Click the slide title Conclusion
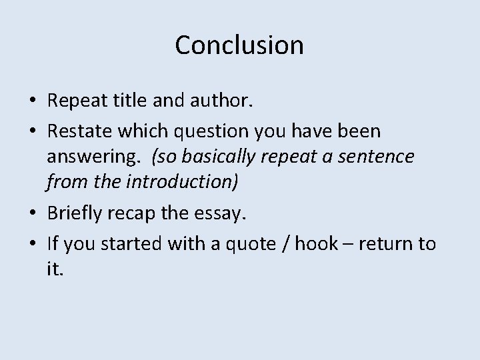point(239,45)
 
